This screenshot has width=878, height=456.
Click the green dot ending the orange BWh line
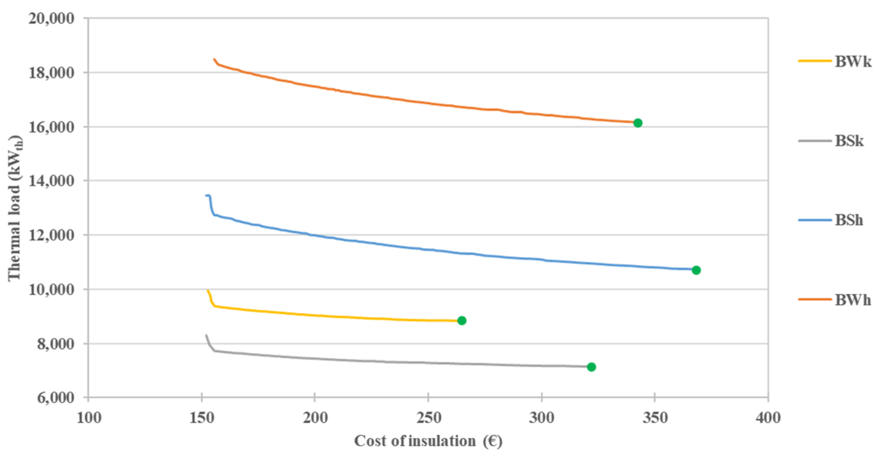(637, 123)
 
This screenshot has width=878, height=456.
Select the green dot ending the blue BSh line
(696, 270)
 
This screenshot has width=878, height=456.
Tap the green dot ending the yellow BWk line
(462, 321)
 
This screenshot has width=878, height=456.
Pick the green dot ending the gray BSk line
(591, 367)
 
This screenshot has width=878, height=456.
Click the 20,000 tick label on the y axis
(51, 18)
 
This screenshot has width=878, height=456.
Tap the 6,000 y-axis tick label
(56, 398)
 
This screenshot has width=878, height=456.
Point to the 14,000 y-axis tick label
(51, 181)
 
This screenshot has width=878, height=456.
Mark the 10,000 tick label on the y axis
(51, 289)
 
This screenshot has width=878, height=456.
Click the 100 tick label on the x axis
(88, 418)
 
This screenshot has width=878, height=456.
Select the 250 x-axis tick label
(428, 418)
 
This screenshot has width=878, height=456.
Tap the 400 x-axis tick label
(768, 418)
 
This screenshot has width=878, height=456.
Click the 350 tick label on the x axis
(655, 418)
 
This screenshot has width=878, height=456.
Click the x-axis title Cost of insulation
(428, 441)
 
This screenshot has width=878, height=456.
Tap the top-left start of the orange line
(214, 59)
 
